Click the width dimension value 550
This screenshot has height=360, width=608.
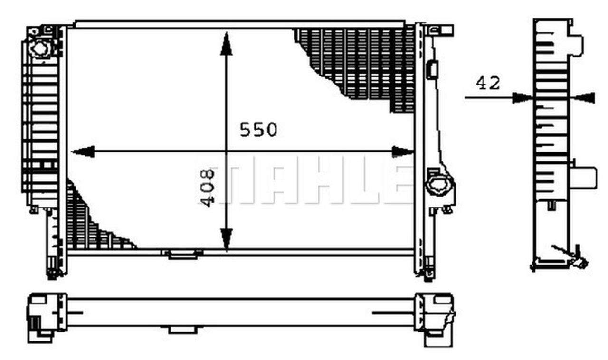[x=258, y=129]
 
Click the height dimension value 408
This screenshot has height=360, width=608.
[x=207, y=188]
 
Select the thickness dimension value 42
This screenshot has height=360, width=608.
[x=488, y=83]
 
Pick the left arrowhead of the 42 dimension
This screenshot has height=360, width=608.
[x=522, y=97]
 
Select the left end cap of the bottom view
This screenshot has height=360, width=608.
[x=46, y=316]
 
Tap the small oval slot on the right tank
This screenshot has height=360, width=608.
[x=432, y=69]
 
